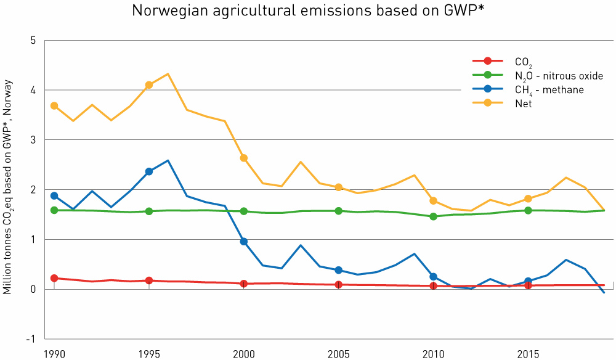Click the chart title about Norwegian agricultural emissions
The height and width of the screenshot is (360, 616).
point(307,10)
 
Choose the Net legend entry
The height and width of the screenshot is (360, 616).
point(523,104)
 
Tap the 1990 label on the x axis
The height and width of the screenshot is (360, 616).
point(54,354)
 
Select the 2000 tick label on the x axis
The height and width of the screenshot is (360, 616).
point(244,354)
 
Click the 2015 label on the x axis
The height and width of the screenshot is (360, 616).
point(528,354)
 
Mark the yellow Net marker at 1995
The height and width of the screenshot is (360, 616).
point(149,85)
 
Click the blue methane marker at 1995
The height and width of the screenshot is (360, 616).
point(149,171)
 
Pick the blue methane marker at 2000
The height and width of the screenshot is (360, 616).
point(244,242)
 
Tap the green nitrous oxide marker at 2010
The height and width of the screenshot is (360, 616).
point(433,216)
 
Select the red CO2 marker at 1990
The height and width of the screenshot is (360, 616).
point(54,278)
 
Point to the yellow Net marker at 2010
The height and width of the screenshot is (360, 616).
point(433,200)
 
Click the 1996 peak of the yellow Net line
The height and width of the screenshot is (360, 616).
point(168,74)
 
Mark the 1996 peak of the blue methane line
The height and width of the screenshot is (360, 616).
point(168,160)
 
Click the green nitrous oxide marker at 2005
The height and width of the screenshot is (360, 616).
point(338,211)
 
